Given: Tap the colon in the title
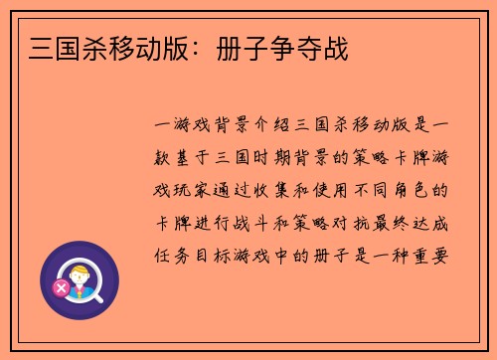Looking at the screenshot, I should (221, 47).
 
